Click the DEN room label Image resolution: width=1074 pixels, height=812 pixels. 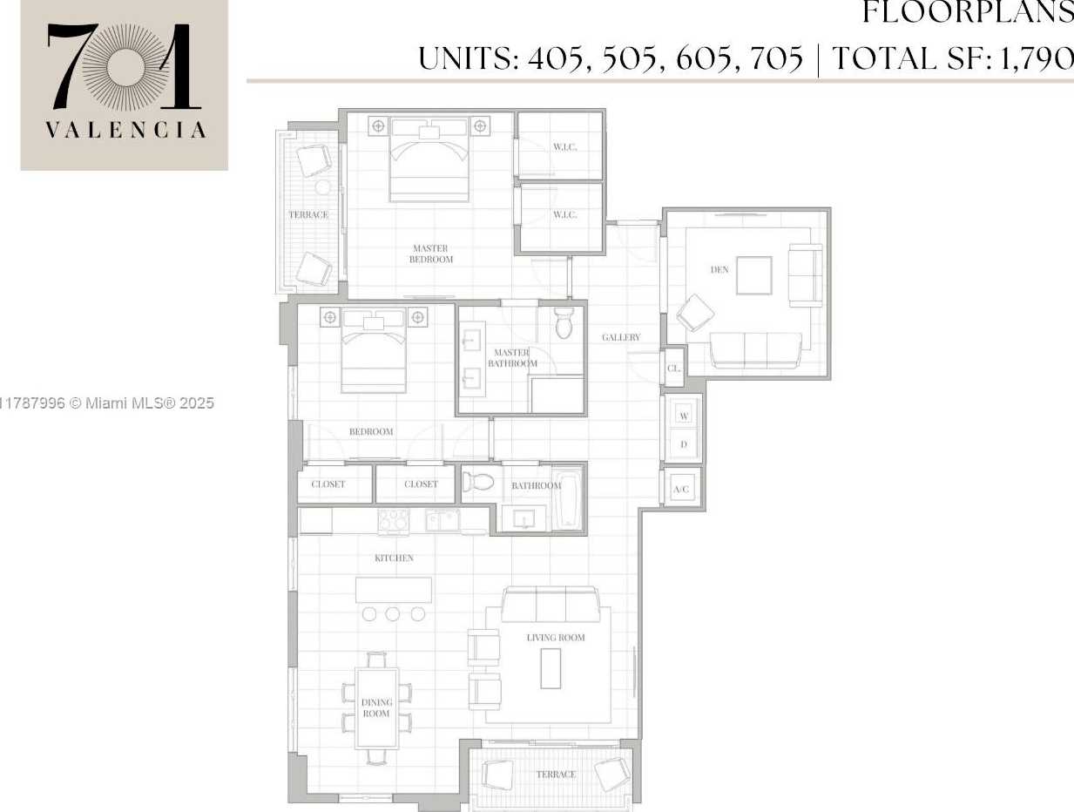point(719,270)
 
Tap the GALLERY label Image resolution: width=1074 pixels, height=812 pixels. point(621,337)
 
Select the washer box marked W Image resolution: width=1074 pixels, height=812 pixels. point(684,416)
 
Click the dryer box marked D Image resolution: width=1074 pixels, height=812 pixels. point(684,444)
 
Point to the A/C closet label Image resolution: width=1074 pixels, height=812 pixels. point(681,490)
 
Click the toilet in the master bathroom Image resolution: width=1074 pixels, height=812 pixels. point(564,323)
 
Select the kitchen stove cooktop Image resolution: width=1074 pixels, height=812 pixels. point(394,521)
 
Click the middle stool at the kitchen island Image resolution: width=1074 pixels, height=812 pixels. point(393,614)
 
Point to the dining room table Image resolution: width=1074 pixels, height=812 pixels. point(377,707)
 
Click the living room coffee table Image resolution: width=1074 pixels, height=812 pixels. point(550,668)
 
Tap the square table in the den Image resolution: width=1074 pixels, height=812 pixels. point(753,275)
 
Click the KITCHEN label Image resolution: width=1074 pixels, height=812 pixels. point(394,558)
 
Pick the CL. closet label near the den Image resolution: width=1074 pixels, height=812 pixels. point(673,369)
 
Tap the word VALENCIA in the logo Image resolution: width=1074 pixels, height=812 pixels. point(125,131)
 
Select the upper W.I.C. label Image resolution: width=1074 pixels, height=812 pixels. point(564,146)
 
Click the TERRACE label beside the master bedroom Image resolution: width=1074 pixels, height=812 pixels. point(308,214)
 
